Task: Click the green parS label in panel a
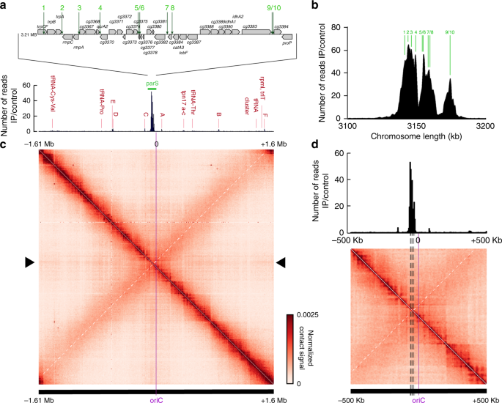[152, 84]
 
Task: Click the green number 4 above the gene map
[100, 7]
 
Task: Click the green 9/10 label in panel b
[450, 32]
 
